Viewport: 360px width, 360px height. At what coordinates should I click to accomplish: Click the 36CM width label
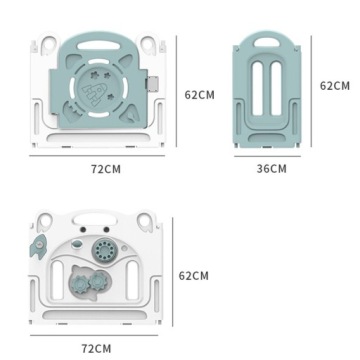pos(271,169)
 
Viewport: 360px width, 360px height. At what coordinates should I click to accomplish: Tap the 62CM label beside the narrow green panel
pos(335,86)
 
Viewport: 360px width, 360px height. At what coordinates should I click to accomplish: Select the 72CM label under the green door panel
pos(106,169)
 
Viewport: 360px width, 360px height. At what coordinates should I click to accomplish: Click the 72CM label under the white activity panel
pos(96,349)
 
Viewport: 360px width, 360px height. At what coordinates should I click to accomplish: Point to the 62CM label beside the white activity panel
pos(194,276)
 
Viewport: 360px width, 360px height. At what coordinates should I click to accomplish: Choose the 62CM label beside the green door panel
pos(199,95)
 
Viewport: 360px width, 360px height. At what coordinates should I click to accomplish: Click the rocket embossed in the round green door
pos(95,94)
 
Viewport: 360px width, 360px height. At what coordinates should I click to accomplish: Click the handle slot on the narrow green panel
pos(267,42)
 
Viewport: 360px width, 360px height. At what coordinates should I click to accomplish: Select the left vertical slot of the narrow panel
pos(258,89)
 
